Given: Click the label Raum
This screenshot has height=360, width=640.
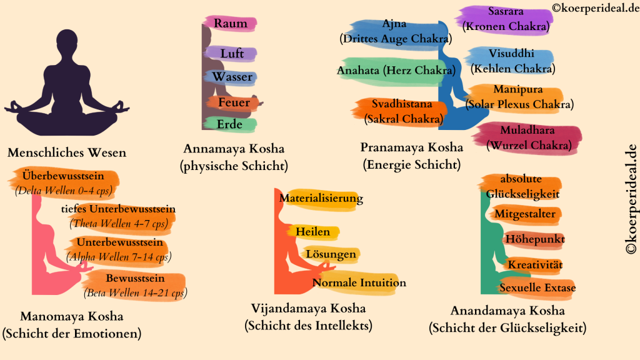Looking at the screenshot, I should pyautogui.click(x=231, y=24).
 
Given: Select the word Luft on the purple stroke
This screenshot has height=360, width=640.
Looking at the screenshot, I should pyautogui.click(x=232, y=54).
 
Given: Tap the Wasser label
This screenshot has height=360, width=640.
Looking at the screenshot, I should pyautogui.click(x=232, y=77).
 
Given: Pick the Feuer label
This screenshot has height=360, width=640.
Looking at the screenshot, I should pyautogui.click(x=234, y=102).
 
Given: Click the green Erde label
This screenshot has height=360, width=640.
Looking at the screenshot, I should pyautogui.click(x=229, y=125).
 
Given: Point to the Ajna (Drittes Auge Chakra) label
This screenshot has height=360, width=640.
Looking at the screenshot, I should pyautogui.click(x=394, y=32).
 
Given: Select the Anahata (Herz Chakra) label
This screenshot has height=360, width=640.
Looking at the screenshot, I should pyautogui.click(x=395, y=71).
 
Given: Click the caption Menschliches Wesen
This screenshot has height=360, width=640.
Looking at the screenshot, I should pyautogui.click(x=66, y=152).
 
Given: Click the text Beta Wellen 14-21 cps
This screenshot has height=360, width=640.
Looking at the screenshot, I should pyautogui.click(x=135, y=292).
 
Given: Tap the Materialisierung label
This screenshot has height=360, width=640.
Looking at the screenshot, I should pyautogui.click(x=321, y=199).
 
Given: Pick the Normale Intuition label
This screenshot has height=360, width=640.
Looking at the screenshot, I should pyautogui.click(x=359, y=282).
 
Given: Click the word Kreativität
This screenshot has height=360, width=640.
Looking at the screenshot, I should pyautogui.click(x=535, y=265).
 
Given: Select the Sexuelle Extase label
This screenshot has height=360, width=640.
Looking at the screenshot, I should pyautogui.click(x=537, y=288).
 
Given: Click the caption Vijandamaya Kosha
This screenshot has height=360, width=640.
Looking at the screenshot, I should pyautogui.click(x=307, y=309).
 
